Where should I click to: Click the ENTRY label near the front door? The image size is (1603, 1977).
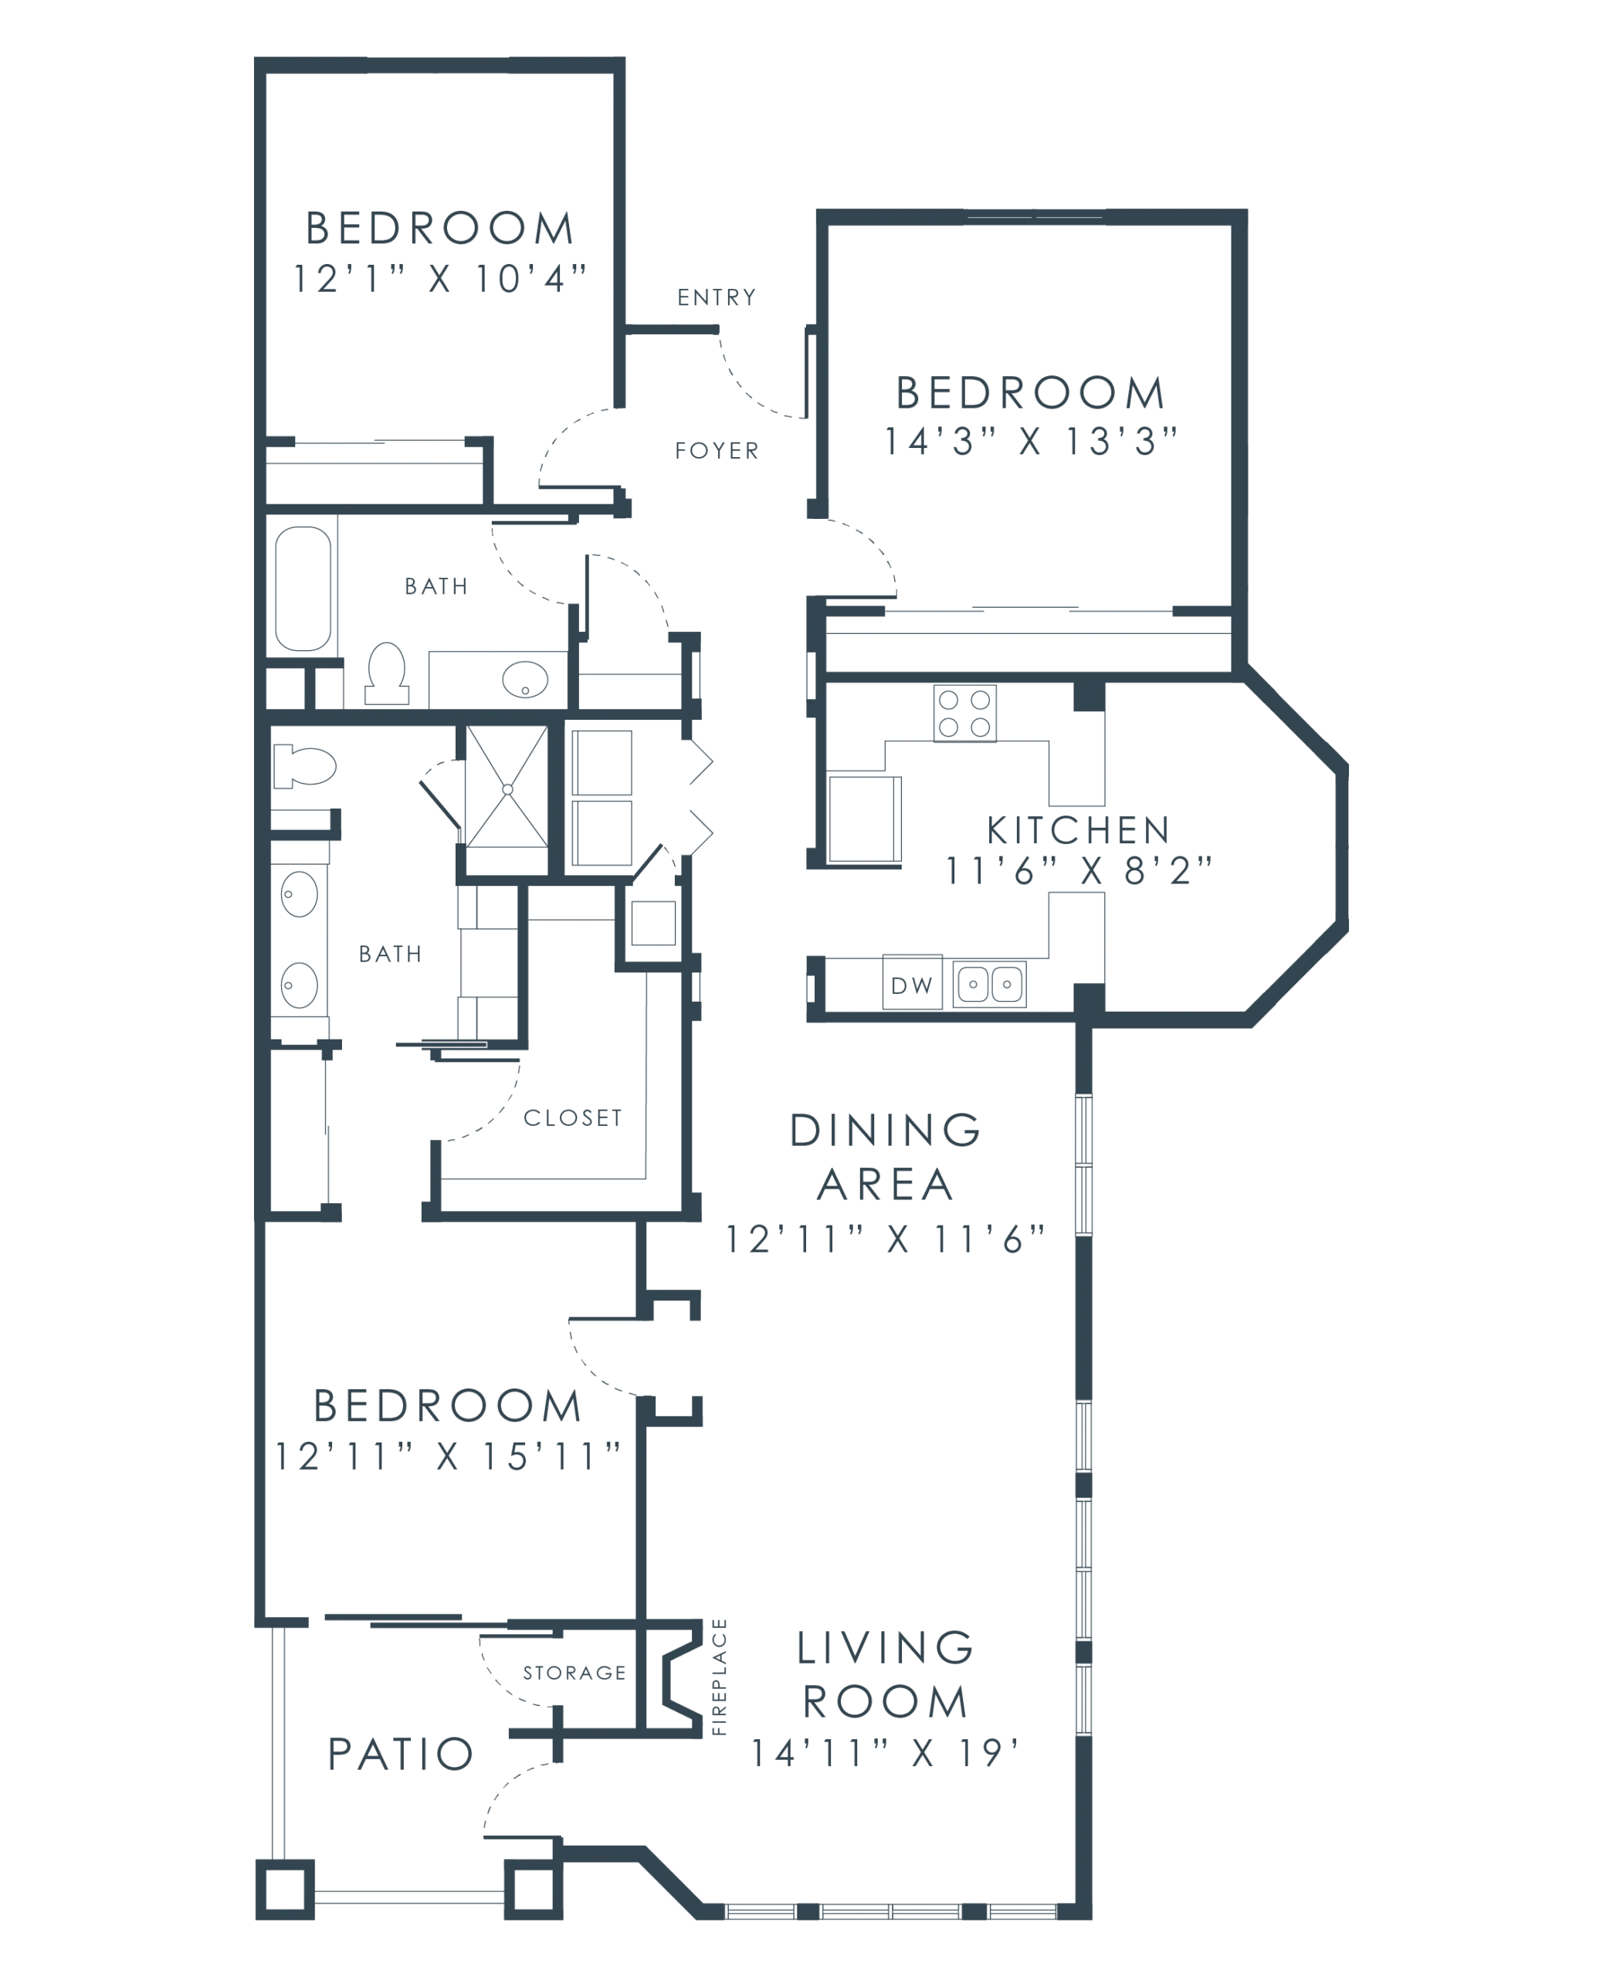point(716,297)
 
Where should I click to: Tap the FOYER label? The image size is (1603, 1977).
point(717,452)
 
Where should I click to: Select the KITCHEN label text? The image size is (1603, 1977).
point(1078,831)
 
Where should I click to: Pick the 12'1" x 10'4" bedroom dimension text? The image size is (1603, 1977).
point(439,278)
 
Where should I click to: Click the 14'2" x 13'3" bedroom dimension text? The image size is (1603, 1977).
point(1031,443)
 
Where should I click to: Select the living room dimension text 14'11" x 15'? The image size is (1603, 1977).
point(883,1751)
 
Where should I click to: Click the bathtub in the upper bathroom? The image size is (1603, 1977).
point(303,588)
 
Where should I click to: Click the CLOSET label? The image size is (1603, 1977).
point(572,1119)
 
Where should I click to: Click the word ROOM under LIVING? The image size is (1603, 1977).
point(883,1700)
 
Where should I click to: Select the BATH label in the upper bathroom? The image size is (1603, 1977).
point(435,587)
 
